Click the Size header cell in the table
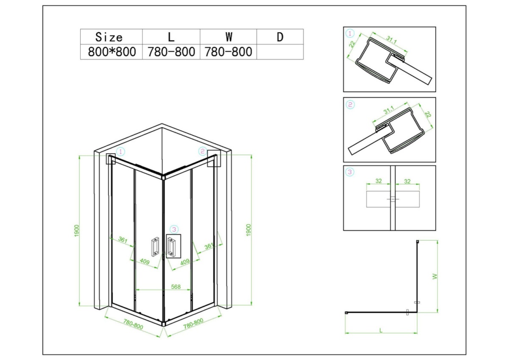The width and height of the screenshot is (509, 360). (109, 37)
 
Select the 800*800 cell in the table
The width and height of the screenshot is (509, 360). (112, 52)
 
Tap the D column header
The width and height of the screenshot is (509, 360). (280, 37)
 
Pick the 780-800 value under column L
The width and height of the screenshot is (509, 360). (171, 52)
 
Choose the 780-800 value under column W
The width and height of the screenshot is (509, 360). (228, 52)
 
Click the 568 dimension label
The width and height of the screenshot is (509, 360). (176, 287)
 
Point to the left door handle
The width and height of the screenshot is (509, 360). (155, 247)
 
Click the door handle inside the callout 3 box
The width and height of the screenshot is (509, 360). (171, 246)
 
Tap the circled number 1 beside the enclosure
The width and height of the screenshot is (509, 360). (120, 152)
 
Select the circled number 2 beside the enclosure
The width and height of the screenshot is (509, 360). (202, 151)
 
